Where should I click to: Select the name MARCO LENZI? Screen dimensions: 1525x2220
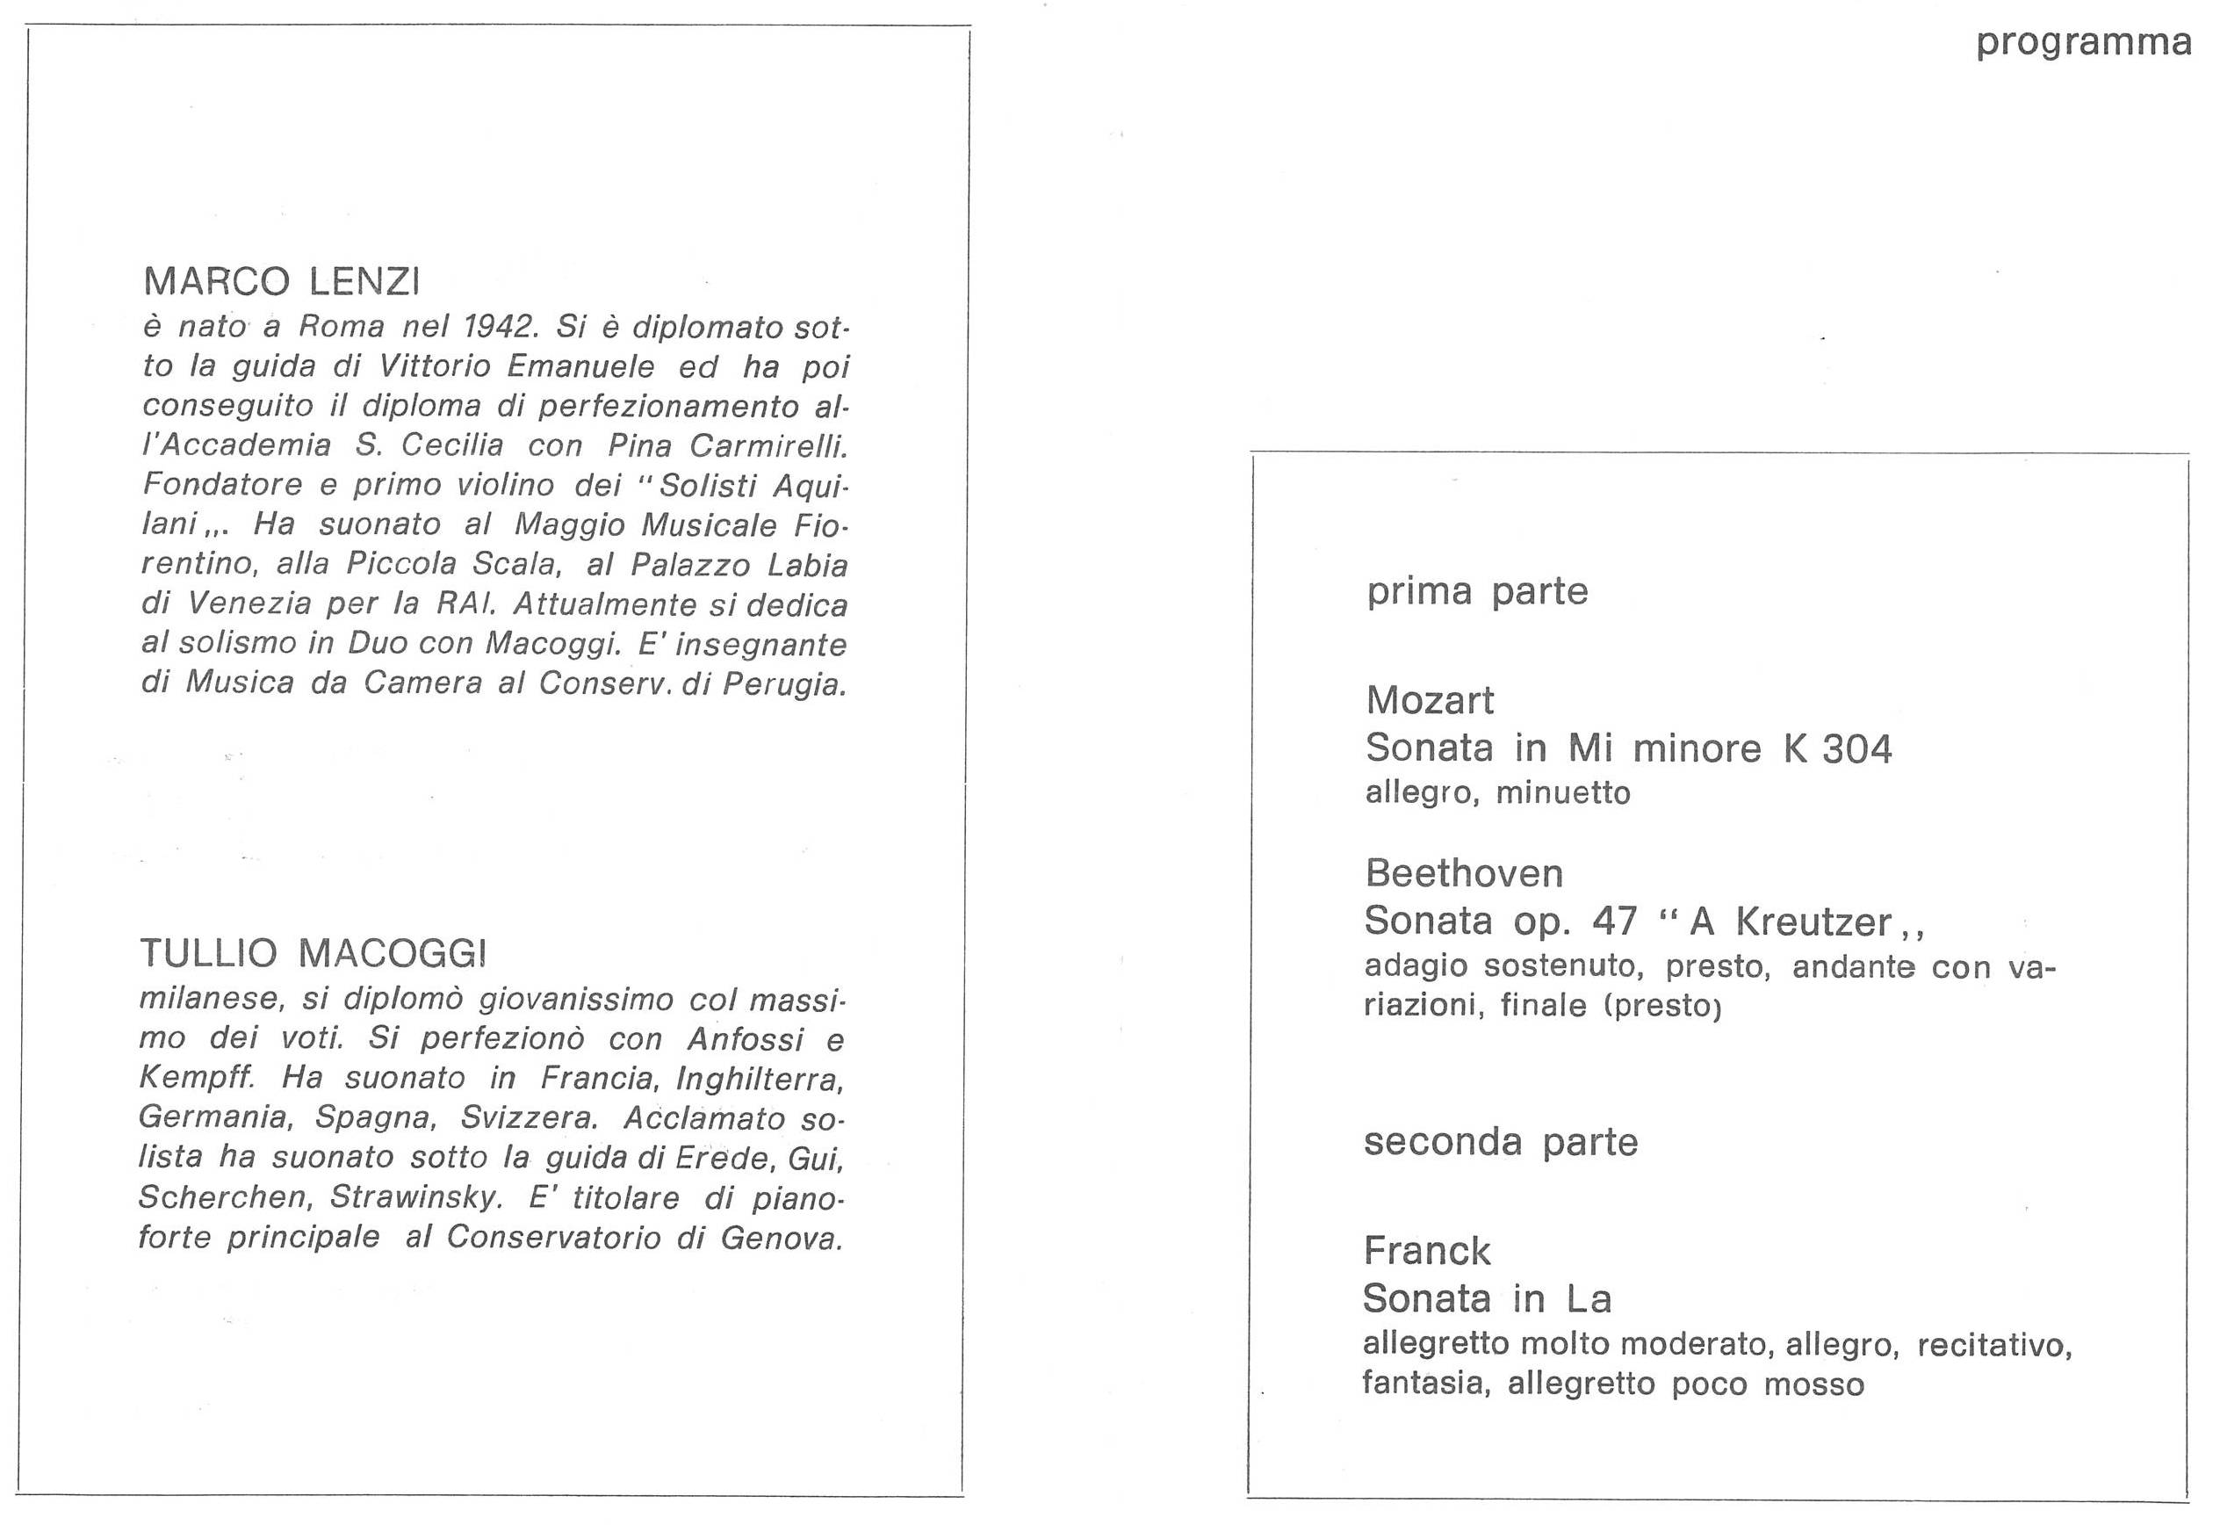[282, 282]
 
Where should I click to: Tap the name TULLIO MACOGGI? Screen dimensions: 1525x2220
[314, 952]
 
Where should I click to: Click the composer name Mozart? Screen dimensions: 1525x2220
[1430, 700]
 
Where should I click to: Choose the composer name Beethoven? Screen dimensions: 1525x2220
[1465, 873]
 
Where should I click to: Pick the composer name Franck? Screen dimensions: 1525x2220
[1427, 1251]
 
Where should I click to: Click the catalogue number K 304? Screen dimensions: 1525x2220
[1837, 748]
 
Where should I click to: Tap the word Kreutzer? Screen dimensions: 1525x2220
[1813, 922]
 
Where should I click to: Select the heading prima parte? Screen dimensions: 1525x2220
[1477, 591]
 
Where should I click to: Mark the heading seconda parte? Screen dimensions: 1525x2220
[1500, 1142]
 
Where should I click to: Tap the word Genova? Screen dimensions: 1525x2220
[782, 1238]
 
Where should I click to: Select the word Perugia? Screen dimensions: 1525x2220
[784, 684]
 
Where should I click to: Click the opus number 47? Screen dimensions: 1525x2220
[1614, 922]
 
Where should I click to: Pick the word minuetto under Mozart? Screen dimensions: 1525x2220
[1563, 793]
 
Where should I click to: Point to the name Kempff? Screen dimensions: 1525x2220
[197, 1078]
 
